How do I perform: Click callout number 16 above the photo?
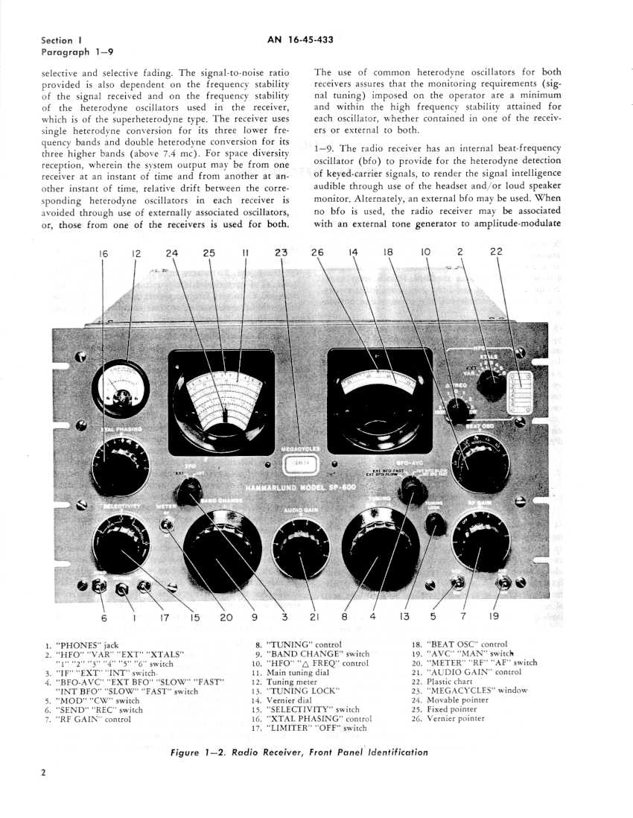[x=104, y=253]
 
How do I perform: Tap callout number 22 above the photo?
[x=496, y=253]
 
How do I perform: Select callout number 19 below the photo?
[x=494, y=616]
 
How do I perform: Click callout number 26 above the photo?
[x=317, y=253]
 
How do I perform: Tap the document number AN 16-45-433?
[x=301, y=40]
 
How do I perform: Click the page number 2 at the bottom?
[x=43, y=772]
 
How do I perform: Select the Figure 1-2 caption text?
[x=299, y=752]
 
